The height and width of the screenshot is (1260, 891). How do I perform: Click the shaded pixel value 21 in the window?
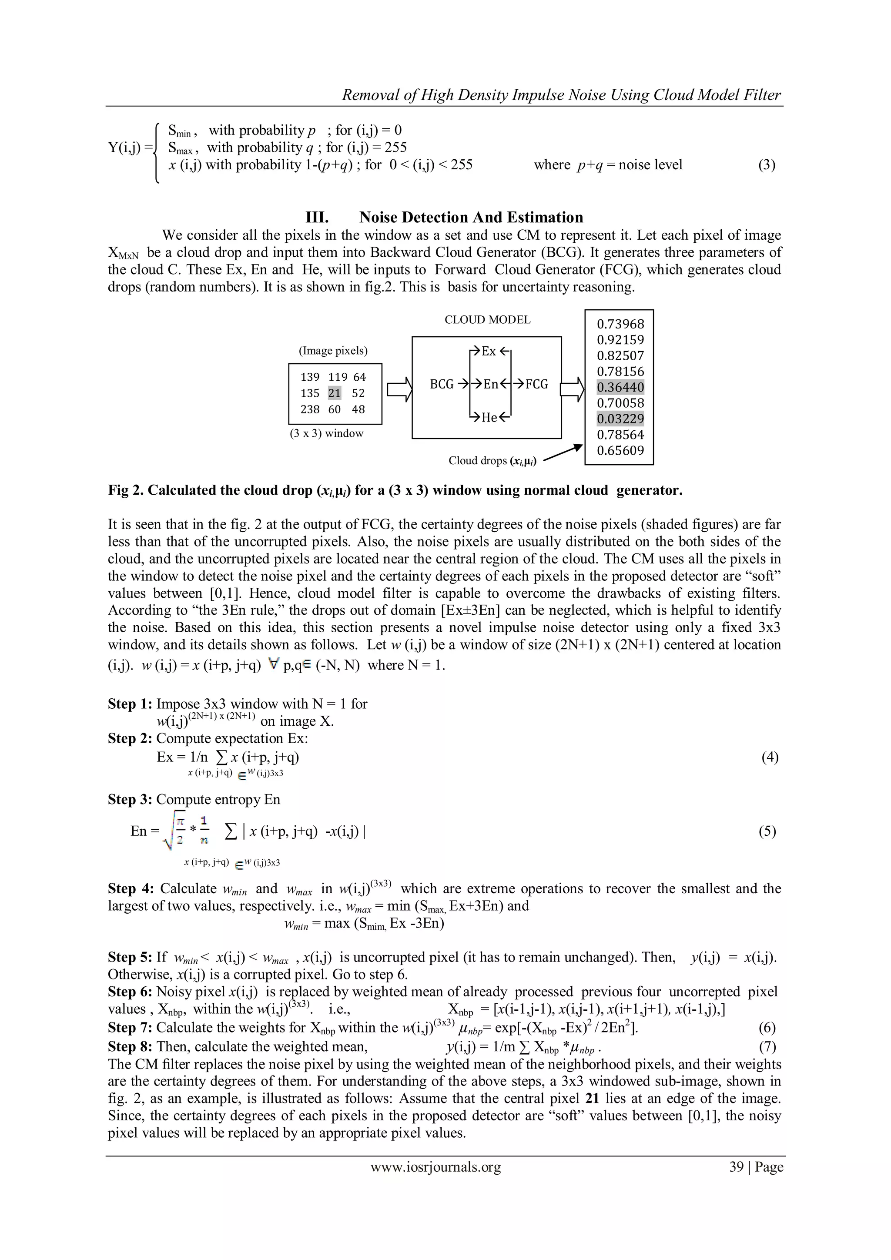tap(334, 393)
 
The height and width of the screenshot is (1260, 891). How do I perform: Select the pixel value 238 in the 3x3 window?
tap(310, 409)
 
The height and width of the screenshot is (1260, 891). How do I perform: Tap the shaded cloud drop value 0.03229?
tap(620, 419)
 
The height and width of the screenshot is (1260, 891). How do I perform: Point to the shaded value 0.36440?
tap(620, 387)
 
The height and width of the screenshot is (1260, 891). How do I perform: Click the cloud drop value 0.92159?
tap(620, 340)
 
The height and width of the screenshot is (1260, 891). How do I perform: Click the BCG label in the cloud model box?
tap(442, 384)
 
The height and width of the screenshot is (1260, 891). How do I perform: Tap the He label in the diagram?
tap(489, 418)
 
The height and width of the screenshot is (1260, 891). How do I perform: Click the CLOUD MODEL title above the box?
tap(487, 319)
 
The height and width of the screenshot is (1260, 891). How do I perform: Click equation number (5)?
tap(767, 831)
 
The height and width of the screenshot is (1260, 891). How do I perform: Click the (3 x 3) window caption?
tap(326, 433)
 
